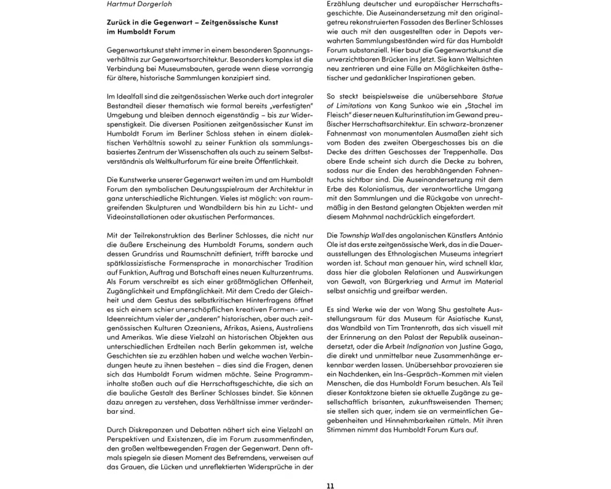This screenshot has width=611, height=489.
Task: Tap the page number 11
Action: click(x=330, y=486)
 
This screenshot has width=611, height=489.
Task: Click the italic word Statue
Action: click(x=492, y=96)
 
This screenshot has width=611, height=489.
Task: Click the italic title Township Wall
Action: click(x=364, y=235)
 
